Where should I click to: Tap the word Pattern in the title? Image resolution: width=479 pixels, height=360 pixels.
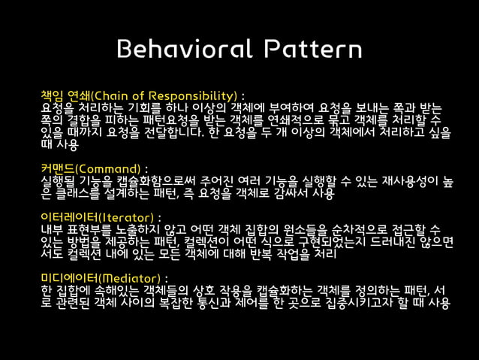(306, 50)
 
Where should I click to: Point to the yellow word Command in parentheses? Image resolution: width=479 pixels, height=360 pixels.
(109, 167)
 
